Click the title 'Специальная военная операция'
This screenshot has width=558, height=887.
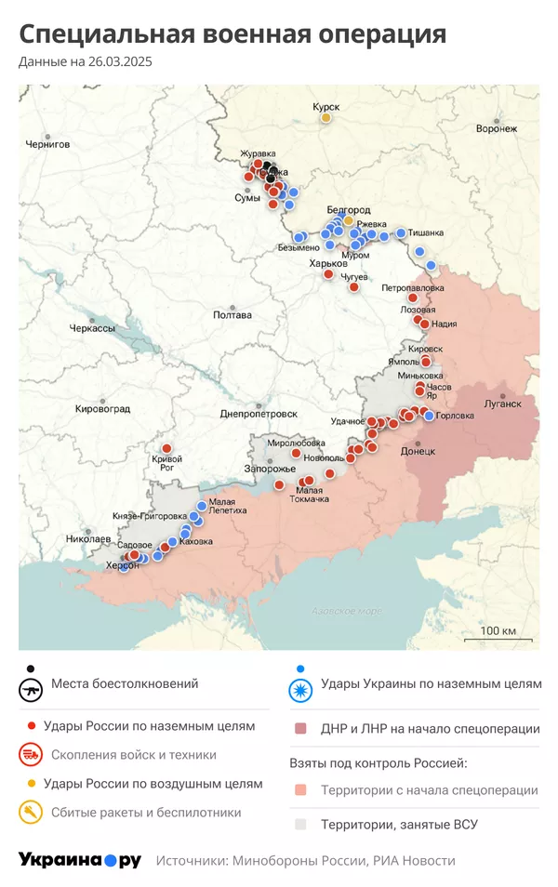click(232, 34)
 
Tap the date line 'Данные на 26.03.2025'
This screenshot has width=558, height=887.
click(86, 62)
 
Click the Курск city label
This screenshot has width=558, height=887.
click(326, 107)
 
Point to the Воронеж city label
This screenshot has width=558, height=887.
click(496, 128)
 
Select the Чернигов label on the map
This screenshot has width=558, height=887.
click(48, 144)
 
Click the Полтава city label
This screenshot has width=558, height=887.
click(232, 315)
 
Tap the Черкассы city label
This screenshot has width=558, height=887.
click(92, 329)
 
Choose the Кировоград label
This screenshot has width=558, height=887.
click(102, 408)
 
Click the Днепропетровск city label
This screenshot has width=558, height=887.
click(259, 413)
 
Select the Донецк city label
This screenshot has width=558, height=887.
click(418, 451)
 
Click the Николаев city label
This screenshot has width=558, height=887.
click(89, 539)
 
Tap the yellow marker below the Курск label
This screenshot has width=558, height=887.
click(326, 118)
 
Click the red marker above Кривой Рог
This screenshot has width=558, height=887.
click(167, 449)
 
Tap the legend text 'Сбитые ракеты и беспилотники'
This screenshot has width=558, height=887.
click(146, 813)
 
